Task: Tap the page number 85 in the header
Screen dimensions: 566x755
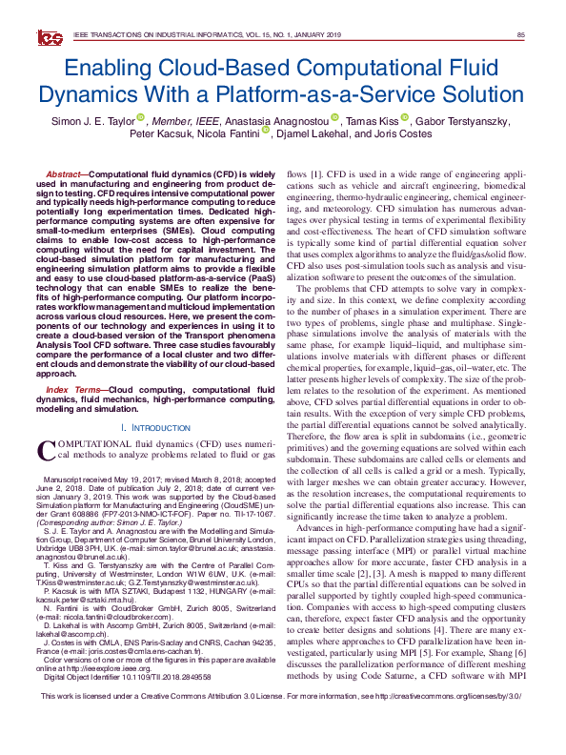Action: pos(520,36)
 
